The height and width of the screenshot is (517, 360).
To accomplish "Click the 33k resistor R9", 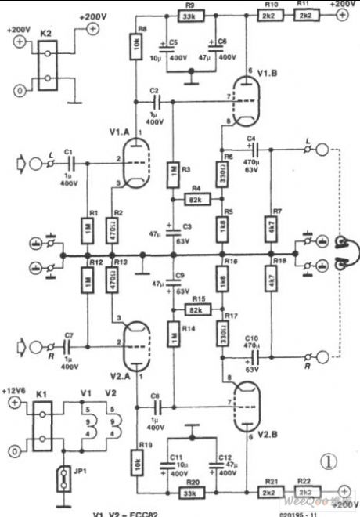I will (x=189, y=16).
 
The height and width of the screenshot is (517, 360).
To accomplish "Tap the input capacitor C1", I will (x=69, y=164).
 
